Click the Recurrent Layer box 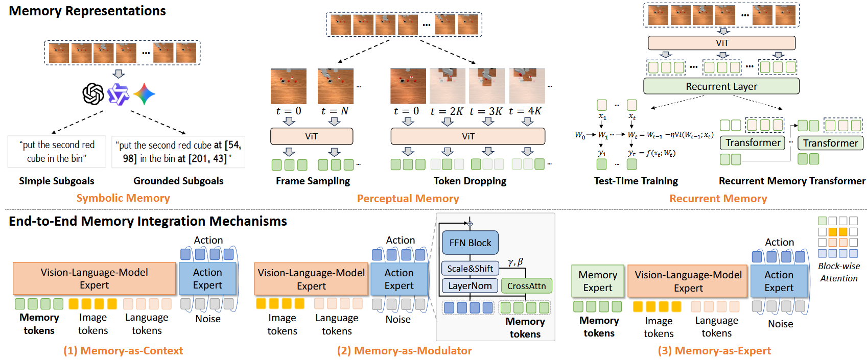721,86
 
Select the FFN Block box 470,243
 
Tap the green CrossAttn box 526,286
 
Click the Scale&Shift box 470,269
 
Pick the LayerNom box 470,286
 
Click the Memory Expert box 597,281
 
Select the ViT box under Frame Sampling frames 311,136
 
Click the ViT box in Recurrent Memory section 721,43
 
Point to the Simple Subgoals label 57,181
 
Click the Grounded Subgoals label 178,181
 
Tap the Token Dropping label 470,181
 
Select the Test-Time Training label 636,181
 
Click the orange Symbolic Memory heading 123,198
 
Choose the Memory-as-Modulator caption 404,351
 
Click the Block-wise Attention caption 838,272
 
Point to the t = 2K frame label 447,111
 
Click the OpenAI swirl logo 93,94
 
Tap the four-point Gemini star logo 144,94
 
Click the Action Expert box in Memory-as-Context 207,279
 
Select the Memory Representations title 87,11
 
